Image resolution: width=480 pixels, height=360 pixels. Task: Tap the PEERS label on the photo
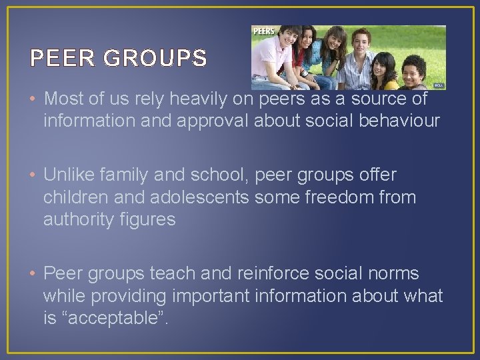pyautogui.click(x=264, y=31)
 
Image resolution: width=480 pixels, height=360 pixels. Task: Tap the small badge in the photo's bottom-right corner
pyautogui.click(x=438, y=85)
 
